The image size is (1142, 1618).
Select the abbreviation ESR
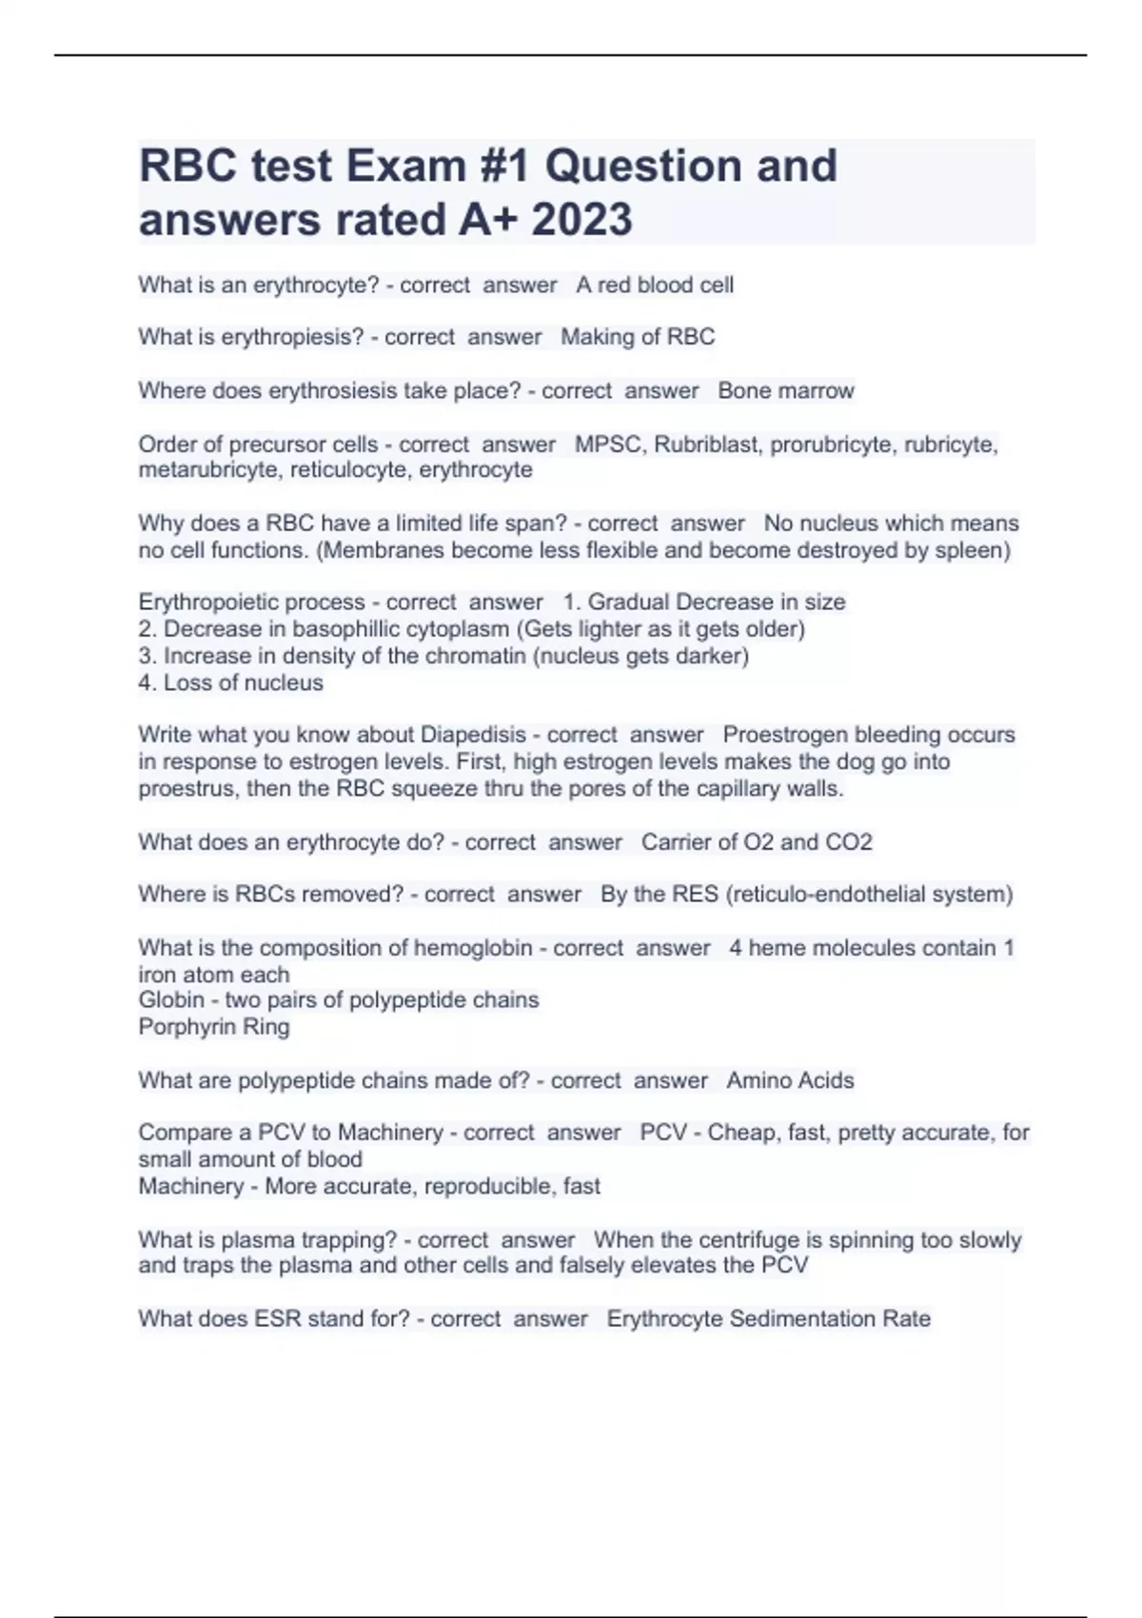tap(277, 1319)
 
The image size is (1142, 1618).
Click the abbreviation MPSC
tap(608, 444)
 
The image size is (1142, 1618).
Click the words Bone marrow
tap(786, 391)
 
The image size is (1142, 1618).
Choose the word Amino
tap(756, 1080)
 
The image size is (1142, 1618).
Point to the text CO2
tap(848, 842)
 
